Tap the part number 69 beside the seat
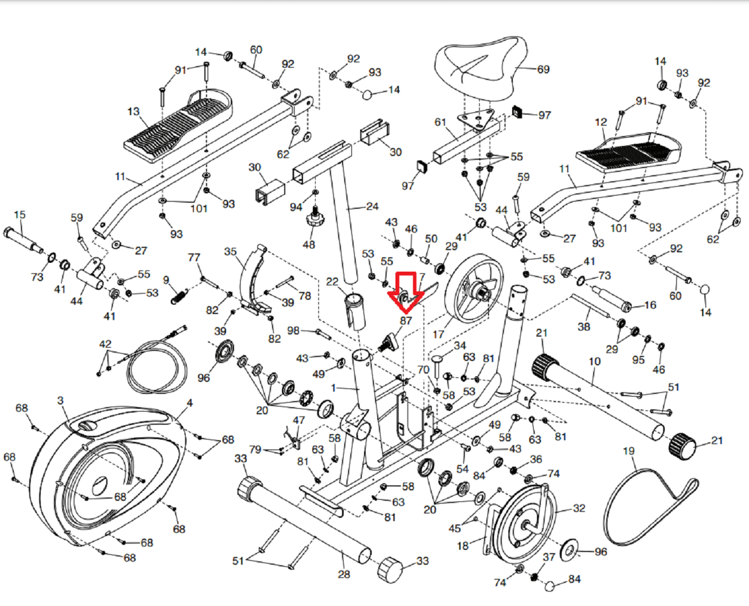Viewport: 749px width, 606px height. tap(543, 69)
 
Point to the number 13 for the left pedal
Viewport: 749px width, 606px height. tap(133, 112)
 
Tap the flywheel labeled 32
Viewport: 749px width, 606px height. tap(523, 523)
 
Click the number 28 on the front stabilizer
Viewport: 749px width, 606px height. tap(344, 574)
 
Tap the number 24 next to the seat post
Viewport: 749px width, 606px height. tap(372, 207)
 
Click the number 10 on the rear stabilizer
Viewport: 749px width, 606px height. tap(594, 361)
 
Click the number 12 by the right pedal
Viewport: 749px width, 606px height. tap(601, 122)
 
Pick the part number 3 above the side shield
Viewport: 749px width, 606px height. tap(60, 401)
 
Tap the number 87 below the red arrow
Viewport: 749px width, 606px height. tap(406, 321)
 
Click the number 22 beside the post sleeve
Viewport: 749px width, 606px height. tap(332, 282)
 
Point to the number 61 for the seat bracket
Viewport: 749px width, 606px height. tap(440, 122)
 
